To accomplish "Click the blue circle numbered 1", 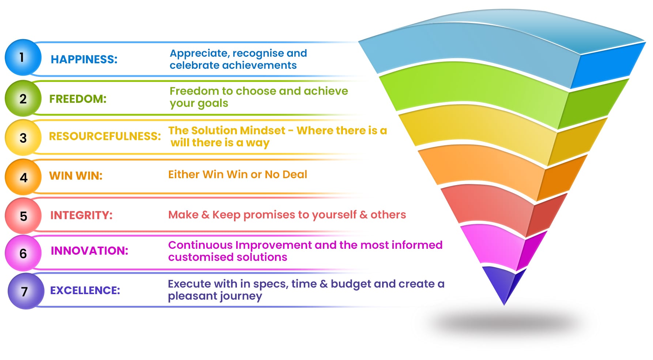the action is click(23, 57).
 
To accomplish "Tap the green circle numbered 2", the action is click(23, 98).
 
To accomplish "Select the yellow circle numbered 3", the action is click(23, 138).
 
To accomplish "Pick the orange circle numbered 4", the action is click(23, 177).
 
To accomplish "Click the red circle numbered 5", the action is click(23, 216).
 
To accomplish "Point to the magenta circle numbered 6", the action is click(23, 253).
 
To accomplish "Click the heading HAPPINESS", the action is click(84, 59).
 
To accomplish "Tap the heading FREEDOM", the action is click(78, 99).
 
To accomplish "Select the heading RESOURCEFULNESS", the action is click(105, 136).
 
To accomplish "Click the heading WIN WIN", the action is click(76, 176).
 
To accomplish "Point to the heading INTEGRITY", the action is click(82, 215).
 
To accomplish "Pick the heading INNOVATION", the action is click(90, 251).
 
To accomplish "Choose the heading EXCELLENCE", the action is click(85, 290).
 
